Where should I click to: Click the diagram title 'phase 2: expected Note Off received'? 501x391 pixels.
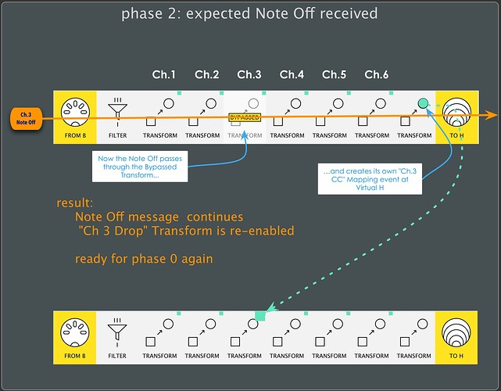[x=250, y=14]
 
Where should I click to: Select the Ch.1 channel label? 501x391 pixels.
[x=164, y=75]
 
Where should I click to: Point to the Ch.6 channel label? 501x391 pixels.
[x=377, y=75]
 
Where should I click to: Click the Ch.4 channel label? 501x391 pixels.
[x=292, y=75]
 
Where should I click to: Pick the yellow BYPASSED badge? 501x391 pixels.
[x=244, y=117]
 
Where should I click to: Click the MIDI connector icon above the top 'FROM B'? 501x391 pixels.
[x=74, y=109]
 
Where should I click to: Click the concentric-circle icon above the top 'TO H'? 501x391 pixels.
[x=458, y=109]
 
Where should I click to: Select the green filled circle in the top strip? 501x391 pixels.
[x=423, y=103]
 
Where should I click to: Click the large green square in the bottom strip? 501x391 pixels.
[x=259, y=316]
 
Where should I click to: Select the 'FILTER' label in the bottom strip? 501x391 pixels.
[x=117, y=356]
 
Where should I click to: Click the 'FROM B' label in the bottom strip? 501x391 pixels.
[x=74, y=356]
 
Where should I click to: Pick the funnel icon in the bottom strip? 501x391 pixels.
[x=117, y=327]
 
